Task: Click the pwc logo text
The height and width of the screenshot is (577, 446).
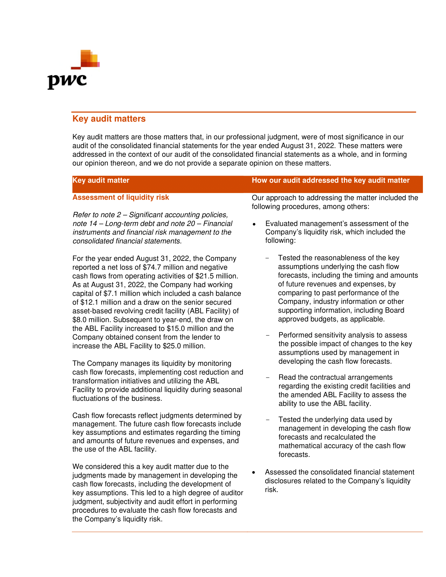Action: click(x=67, y=81)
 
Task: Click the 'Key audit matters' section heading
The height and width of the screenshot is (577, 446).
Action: click(x=109, y=119)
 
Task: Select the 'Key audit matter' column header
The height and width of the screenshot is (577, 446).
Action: click(x=101, y=180)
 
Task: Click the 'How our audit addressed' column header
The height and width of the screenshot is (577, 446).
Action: click(x=330, y=180)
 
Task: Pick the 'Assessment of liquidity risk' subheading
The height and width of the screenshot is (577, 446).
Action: click(x=121, y=197)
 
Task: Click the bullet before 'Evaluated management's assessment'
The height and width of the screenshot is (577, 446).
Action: click(x=254, y=224)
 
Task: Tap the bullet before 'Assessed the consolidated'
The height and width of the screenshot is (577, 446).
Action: click(x=253, y=472)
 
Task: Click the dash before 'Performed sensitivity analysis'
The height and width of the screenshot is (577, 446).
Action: click(x=267, y=335)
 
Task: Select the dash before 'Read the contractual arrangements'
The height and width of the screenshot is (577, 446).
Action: click(x=267, y=377)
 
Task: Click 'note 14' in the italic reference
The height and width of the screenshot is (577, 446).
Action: click(x=85, y=223)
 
